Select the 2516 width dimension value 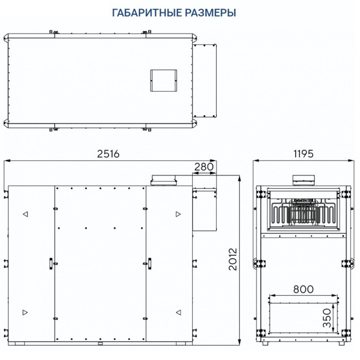[108, 154]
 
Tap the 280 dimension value [204, 166]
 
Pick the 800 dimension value [303, 289]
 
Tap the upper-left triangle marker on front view [24, 214]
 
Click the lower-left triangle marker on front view [24, 312]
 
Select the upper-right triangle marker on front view [178, 214]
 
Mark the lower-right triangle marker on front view [178, 312]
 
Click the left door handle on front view [50, 263]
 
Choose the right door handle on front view [151, 263]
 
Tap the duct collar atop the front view [164, 180]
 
